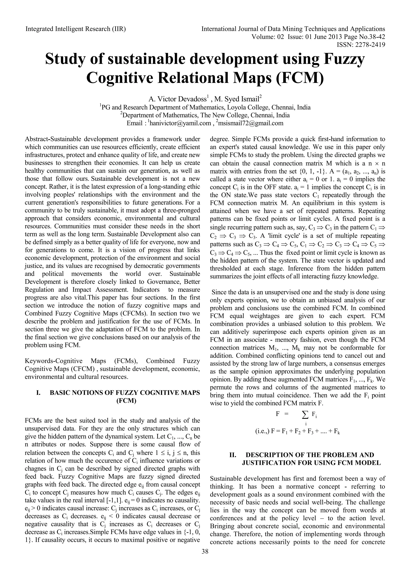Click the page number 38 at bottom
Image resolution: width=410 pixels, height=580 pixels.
click(205, 559)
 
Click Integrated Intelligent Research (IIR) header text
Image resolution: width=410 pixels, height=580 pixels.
click(75, 29)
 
